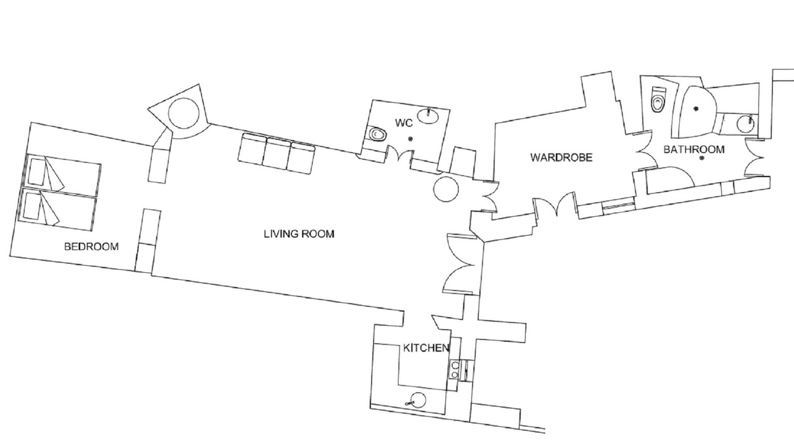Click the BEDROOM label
click(x=91, y=247)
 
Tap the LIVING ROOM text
click(x=299, y=234)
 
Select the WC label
click(x=404, y=123)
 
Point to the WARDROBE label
click(x=561, y=157)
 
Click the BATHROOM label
click(x=694, y=149)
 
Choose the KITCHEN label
click(x=426, y=348)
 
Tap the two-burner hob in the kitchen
click(x=455, y=370)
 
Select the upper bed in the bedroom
click(x=63, y=175)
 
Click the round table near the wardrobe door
click(x=446, y=189)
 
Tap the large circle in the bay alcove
click(x=184, y=113)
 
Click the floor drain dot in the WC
click(x=411, y=139)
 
